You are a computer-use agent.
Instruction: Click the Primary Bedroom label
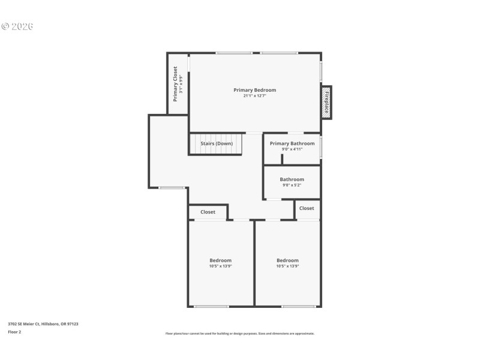pyautogui.click(x=254, y=90)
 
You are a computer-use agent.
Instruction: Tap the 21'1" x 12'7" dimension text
pyautogui.click(x=254, y=96)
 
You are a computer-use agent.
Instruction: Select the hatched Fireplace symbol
pyautogui.click(x=326, y=102)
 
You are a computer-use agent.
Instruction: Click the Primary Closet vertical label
pyautogui.click(x=175, y=84)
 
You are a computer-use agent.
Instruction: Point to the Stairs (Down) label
pyautogui.click(x=216, y=144)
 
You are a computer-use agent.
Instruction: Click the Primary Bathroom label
pyautogui.click(x=292, y=143)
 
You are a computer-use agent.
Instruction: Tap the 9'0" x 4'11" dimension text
pyautogui.click(x=292, y=149)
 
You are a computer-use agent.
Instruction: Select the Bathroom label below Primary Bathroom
pyautogui.click(x=292, y=179)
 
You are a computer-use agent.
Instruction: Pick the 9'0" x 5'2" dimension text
pyautogui.click(x=292, y=185)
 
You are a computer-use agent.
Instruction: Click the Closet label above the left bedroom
pyautogui.click(x=208, y=212)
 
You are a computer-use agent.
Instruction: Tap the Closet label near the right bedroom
pyautogui.click(x=306, y=208)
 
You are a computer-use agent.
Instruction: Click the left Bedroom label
pyautogui.click(x=220, y=260)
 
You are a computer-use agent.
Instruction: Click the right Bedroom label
pyautogui.click(x=287, y=260)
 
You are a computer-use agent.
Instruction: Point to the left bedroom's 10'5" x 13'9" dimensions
pyautogui.click(x=220, y=266)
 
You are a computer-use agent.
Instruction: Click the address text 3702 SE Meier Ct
pyautogui.click(x=43, y=324)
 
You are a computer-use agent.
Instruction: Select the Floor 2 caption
pyautogui.click(x=14, y=332)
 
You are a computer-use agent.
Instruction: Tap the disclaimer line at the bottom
pyautogui.click(x=240, y=334)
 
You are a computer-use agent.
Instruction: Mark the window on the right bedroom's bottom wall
pyautogui.click(x=299, y=307)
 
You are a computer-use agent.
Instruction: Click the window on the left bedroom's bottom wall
pyautogui.click(x=211, y=307)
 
